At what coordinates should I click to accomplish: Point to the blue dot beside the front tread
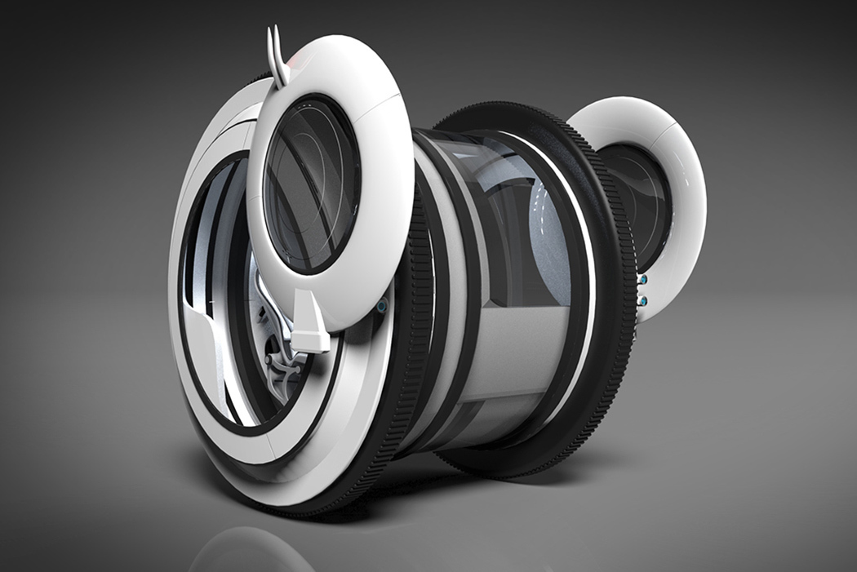point(381,308)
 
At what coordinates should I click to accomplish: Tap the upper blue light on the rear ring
point(644,280)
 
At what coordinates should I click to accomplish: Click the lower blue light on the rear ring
point(644,301)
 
